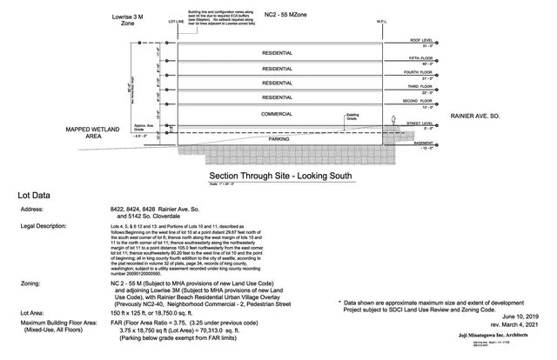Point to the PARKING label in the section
click(278, 138)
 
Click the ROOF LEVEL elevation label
click(422, 39)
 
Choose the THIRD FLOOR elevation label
click(421, 87)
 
